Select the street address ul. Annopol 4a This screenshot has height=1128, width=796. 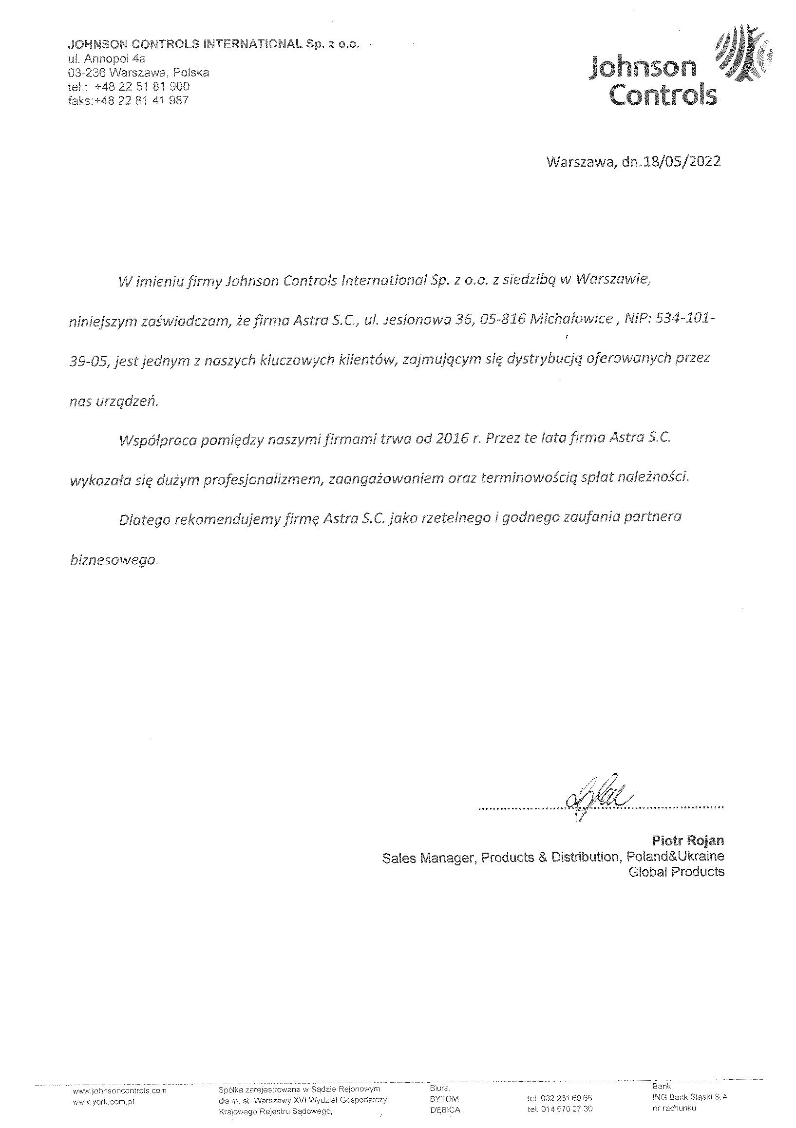click(107, 58)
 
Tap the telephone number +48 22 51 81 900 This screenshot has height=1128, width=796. click(142, 86)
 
